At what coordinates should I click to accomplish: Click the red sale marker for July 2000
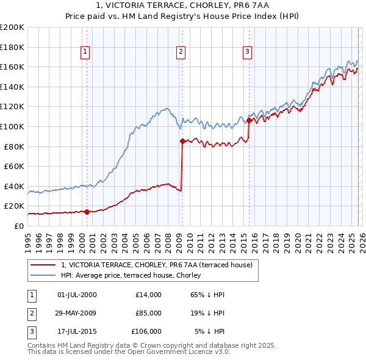coord(87,212)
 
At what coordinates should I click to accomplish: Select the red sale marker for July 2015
coord(249,121)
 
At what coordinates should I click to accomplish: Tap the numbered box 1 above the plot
coord(85,52)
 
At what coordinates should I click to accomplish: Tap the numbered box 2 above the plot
coord(182,52)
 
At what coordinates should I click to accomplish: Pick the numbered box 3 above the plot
coord(247,52)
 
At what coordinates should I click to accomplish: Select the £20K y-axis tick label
coord(14,206)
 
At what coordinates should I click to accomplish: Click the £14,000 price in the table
coord(149,295)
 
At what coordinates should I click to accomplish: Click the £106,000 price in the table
coord(147,331)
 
